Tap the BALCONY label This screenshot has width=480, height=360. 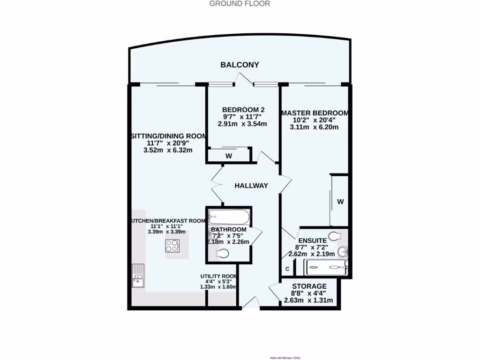coord(240,65)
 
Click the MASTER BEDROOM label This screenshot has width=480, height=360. coord(314,113)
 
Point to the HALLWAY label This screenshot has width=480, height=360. coord(251,186)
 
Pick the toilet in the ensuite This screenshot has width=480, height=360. coord(335,235)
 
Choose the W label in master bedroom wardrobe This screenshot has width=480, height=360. coord(341,202)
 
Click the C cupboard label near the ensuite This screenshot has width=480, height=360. coord(287,269)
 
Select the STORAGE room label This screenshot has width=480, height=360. coord(309,286)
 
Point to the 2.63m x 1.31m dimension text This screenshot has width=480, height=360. coord(308,300)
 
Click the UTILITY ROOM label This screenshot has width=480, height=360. coord(218,276)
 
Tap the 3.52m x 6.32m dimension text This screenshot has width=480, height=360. coord(168,150)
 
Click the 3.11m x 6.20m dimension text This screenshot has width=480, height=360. coord(314,127)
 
